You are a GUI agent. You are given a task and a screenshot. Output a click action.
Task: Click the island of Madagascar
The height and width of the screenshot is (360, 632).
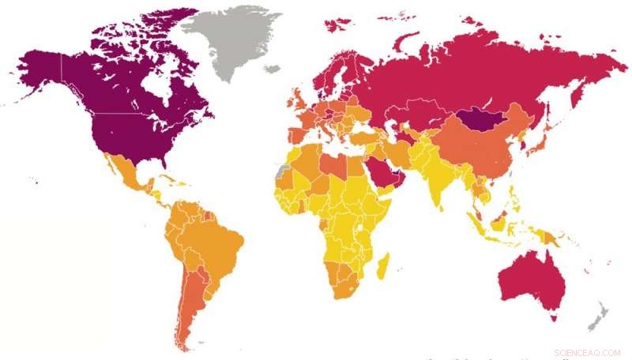383,265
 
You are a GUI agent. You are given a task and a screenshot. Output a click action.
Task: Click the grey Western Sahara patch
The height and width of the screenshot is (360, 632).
283,170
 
